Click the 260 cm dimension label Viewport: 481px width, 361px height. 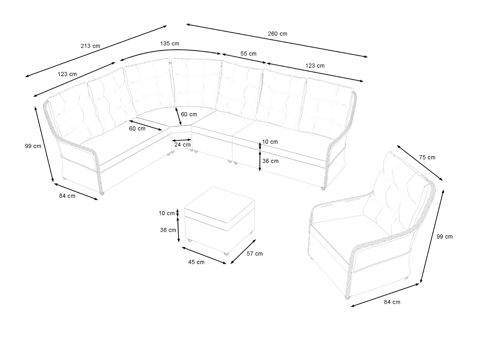[x=277, y=34]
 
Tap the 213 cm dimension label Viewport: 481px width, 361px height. [x=90, y=46]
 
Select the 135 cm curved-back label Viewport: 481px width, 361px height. [x=170, y=44]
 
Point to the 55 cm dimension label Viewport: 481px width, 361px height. [x=248, y=54]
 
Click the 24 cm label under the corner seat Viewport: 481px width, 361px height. [x=182, y=145]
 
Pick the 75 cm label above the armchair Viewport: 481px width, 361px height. [x=427, y=157]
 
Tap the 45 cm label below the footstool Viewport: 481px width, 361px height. [x=196, y=262]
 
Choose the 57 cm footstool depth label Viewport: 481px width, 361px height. [x=254, y=254]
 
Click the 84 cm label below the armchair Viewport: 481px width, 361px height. [x=392, y=302]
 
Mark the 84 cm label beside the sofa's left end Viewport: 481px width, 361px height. [x=67, y=196]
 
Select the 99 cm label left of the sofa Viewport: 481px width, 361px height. [x=33, y=146]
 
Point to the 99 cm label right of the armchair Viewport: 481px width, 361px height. [x=444, y=237]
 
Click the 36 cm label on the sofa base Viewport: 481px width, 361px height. [x=270, y=161]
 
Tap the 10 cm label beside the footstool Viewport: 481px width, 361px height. [x=167, y=213]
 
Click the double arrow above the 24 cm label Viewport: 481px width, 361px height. [x=182, y=140]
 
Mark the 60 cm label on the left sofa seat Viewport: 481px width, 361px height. [x=137, y=129]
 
